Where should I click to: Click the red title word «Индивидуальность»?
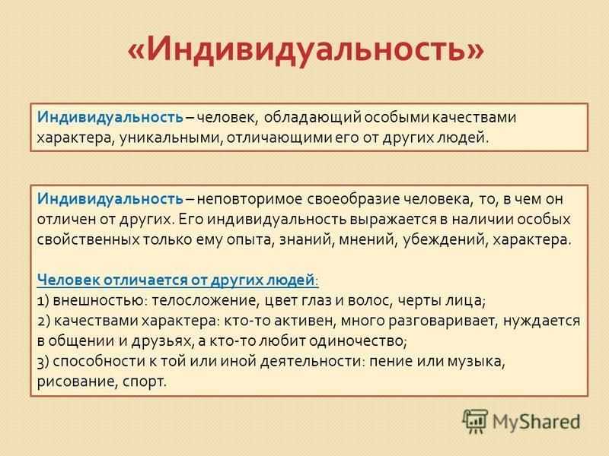306,49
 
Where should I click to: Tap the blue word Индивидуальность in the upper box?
110,117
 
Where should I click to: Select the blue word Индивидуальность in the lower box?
110,199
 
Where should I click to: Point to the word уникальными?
171,138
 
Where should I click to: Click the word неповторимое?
250,199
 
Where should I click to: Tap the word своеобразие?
353,199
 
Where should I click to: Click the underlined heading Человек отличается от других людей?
177,280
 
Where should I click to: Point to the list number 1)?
43,301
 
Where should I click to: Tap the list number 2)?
43,321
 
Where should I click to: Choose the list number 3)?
43,362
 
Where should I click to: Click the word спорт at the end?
144,382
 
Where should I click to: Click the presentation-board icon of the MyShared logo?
474,421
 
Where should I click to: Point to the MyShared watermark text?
537,423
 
